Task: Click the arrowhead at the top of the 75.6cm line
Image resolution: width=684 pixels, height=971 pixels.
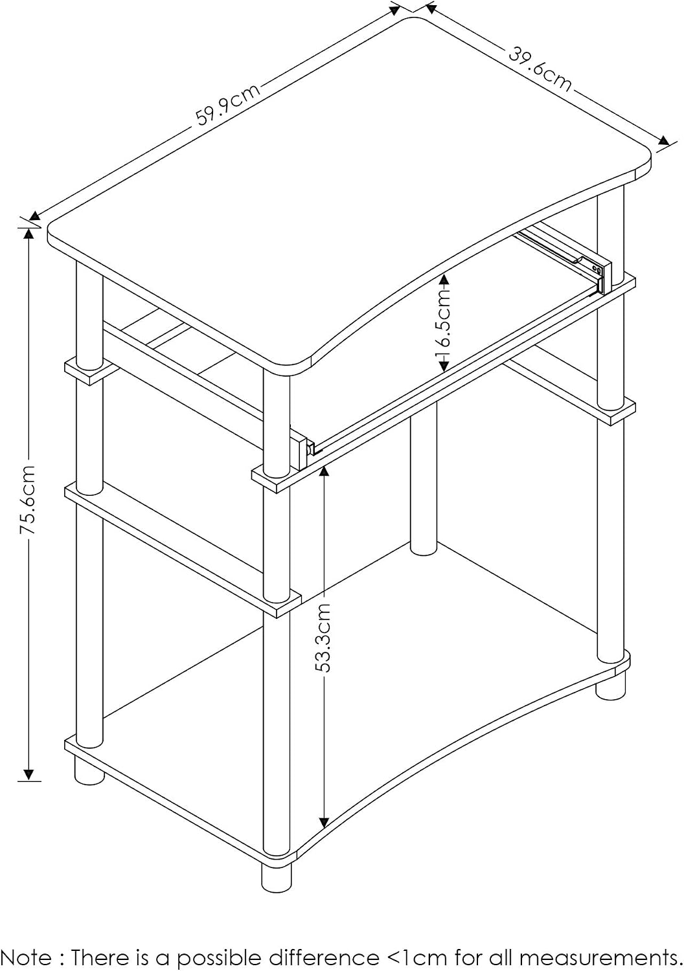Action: click(28, 234)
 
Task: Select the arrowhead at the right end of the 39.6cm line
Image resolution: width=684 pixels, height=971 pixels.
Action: click(664, 141)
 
